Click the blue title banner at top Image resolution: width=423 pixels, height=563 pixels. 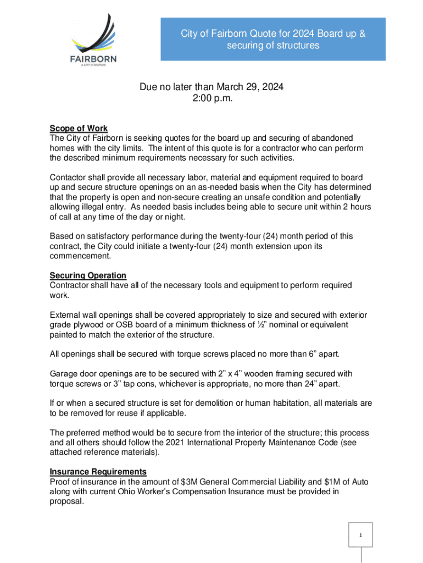[x=273, y=40]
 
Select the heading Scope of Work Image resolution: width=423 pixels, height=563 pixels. [x=79, y=129]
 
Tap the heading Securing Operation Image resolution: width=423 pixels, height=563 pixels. [x=88, y=275]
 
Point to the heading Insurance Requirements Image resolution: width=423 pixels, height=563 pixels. [x=98, y=472]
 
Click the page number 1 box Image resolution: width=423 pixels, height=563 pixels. [x=361, y=534]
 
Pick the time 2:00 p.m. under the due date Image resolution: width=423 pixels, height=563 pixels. [x=211, y=98]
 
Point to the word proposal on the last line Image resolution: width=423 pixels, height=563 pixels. [x=66, y=502]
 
